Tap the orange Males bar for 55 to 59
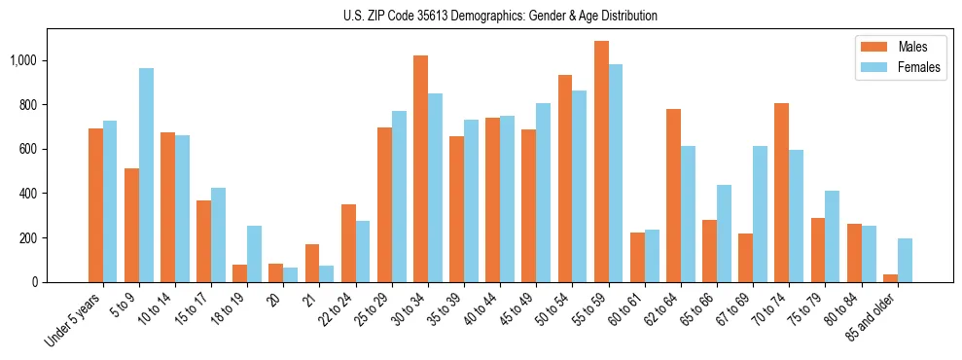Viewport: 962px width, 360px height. click(601, 162)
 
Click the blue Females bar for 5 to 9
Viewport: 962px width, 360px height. click(146, 175)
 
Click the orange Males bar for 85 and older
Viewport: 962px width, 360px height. click(890, 278)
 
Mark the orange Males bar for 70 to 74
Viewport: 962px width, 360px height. click(782, 193)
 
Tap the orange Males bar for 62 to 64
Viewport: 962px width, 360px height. click(673, 196)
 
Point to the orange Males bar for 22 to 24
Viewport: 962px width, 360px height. click(348, 243)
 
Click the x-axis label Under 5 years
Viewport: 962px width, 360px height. click(73, 320)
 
